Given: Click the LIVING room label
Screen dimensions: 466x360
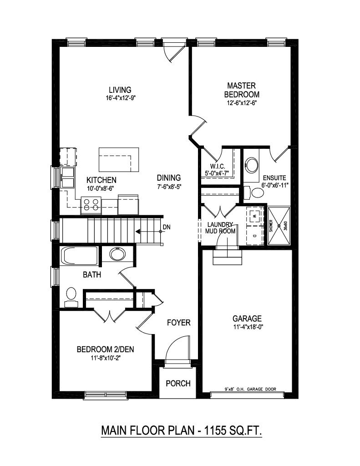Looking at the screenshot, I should pyautogui.click(x=120, y=89).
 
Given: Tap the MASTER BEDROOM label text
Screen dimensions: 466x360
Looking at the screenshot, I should pyautogui.click(x=243, y=90).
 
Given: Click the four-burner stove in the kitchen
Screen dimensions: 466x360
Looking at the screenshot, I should pyautogui.click(x=91, y=205).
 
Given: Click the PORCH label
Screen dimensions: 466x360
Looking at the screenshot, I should pyautogui.click(x=177, y=383).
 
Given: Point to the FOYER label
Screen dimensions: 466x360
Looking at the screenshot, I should pyautogui.click(x=178, y=323).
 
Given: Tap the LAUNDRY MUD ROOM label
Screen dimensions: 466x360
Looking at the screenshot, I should pyautogui.click(x=221, y=228).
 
